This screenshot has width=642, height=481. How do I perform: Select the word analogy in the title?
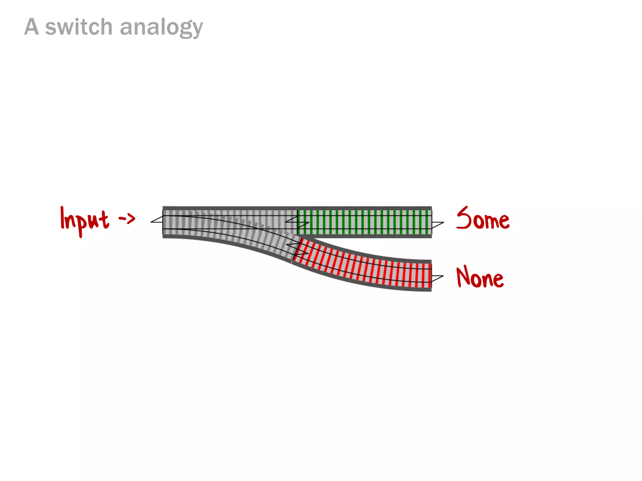[161, 28]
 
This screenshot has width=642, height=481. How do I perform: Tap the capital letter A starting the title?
[32, 27]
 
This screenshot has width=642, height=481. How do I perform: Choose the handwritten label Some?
[483, 219]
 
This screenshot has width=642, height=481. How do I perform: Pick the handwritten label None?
[480, 277]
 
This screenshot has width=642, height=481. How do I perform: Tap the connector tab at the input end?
[157, 220]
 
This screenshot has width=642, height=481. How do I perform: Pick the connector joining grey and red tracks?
[297, 247]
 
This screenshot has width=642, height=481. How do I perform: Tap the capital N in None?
[463, 276]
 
